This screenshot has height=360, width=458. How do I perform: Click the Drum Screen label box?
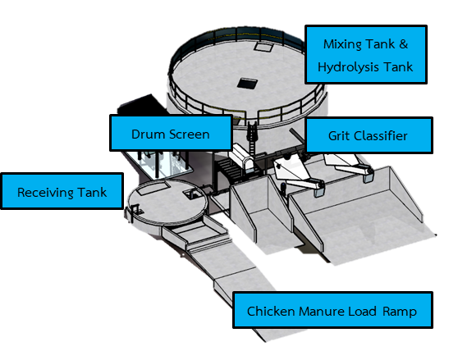tap(171, 133)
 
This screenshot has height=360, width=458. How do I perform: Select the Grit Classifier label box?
tap(369, 135)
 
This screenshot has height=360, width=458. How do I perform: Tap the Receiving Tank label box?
tap(62, 191)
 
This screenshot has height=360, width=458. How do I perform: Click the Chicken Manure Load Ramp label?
tap(332, 310)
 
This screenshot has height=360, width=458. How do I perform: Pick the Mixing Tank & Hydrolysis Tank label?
tap(366, 55)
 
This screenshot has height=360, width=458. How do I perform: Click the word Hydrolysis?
tap(349, 67)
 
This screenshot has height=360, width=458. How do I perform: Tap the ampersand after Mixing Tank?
tap(403, 44)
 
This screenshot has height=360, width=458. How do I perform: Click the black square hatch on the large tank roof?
tap(247, 84)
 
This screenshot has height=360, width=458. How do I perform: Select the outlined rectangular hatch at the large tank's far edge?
tap(263, 47)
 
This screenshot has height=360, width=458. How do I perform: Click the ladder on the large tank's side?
tap(252, 137)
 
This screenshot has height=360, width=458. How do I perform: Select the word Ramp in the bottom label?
tap(400, 312)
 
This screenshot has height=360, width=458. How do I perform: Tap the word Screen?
tap(190, 134)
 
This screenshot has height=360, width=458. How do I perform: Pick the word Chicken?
tap(271, 312)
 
